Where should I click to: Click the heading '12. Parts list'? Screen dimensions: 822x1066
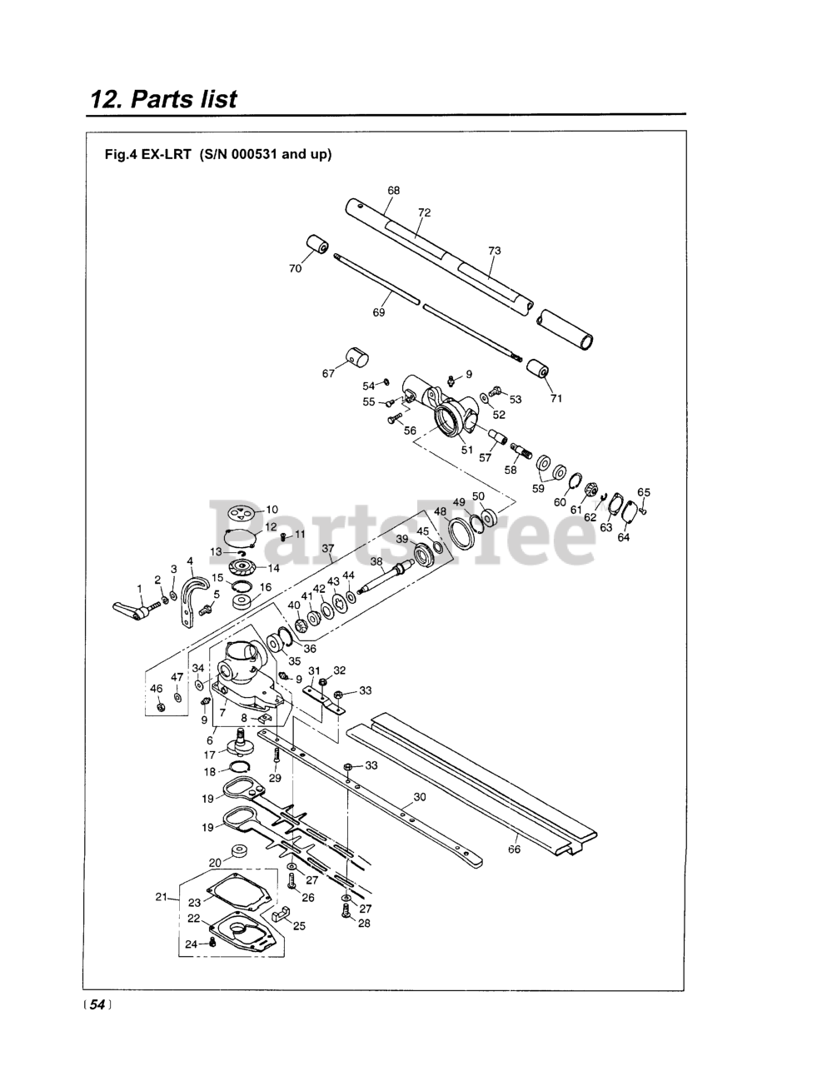click(x=164, y=99)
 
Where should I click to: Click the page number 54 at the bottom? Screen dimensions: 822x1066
click(x=97, y=1005)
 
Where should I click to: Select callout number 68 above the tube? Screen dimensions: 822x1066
click(x=393, y=191)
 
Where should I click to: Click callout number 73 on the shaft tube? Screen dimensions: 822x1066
click(x=494, y=251)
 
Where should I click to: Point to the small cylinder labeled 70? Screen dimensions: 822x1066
click(x=316, y=247)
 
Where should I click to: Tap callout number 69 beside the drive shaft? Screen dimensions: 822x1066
click(x=379, y=313)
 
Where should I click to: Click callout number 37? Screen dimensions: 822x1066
click(x=327, y=549)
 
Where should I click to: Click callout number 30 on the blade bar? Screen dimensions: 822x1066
click(x=420, y=797)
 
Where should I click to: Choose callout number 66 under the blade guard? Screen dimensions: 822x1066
click(x=514, y=849)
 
